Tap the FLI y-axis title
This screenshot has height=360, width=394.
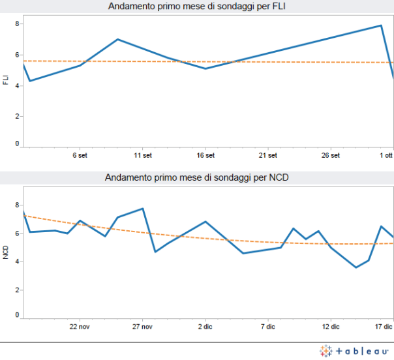[6, 80]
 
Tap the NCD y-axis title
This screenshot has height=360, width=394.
[6, 251]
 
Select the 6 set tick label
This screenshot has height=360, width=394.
[80, 156]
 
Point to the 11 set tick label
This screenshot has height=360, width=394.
[142, 156]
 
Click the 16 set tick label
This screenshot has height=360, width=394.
[205, 156]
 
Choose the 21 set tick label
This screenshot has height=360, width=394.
[268, 156]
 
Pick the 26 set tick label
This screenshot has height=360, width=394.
[331, 156]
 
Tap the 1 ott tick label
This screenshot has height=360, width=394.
[387, 156]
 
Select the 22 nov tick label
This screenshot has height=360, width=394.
[80, 326]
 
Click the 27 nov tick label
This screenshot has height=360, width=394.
[142, 326]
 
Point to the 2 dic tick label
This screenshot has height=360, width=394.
[205, 326]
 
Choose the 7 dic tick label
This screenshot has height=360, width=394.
[268, 326]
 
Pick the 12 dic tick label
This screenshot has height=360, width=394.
[331, 326]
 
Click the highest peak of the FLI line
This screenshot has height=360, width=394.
[381, 25]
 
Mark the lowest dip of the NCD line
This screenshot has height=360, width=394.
[356, 267]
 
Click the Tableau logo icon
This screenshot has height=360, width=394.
[326, 351]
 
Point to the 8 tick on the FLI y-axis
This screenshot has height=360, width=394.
[18, 23]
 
